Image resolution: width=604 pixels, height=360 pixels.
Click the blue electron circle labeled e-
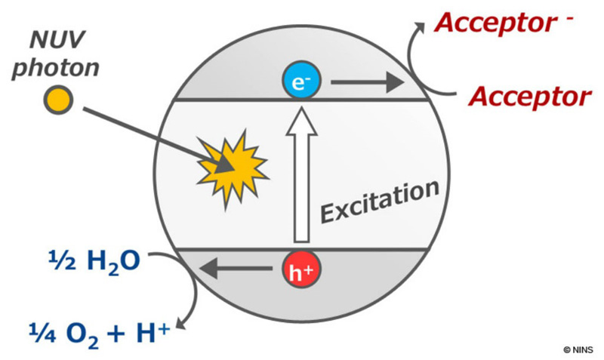[x=301, y=81]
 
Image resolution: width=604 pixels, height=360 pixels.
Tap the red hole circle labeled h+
[x=301, y=269]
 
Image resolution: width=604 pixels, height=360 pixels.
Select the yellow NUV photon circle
[x=58, y=100]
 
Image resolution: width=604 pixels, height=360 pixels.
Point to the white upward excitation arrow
[x=301, y=175]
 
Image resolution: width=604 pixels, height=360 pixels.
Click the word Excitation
[x=381, y=202]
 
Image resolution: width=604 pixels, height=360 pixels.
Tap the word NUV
[x=57, y=40]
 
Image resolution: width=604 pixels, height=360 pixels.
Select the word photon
[x=56, y=68]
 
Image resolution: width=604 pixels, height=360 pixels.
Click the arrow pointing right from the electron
[x=368, y=82]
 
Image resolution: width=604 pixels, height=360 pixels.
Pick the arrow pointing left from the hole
[x=236, y=269]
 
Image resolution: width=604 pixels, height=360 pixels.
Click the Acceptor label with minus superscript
[x=504, y=23]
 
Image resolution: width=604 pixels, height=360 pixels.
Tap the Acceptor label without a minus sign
[x=530, y=97]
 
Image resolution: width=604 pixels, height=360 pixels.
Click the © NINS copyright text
[x=578, y=350]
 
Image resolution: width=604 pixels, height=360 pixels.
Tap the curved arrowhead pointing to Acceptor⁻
[x=420, y=28]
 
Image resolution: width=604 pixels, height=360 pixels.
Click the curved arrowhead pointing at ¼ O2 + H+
[x=181, y=323]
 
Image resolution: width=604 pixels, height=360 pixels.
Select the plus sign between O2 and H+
[x=118, y=334]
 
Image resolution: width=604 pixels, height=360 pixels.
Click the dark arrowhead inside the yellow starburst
[x=224, y=165]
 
